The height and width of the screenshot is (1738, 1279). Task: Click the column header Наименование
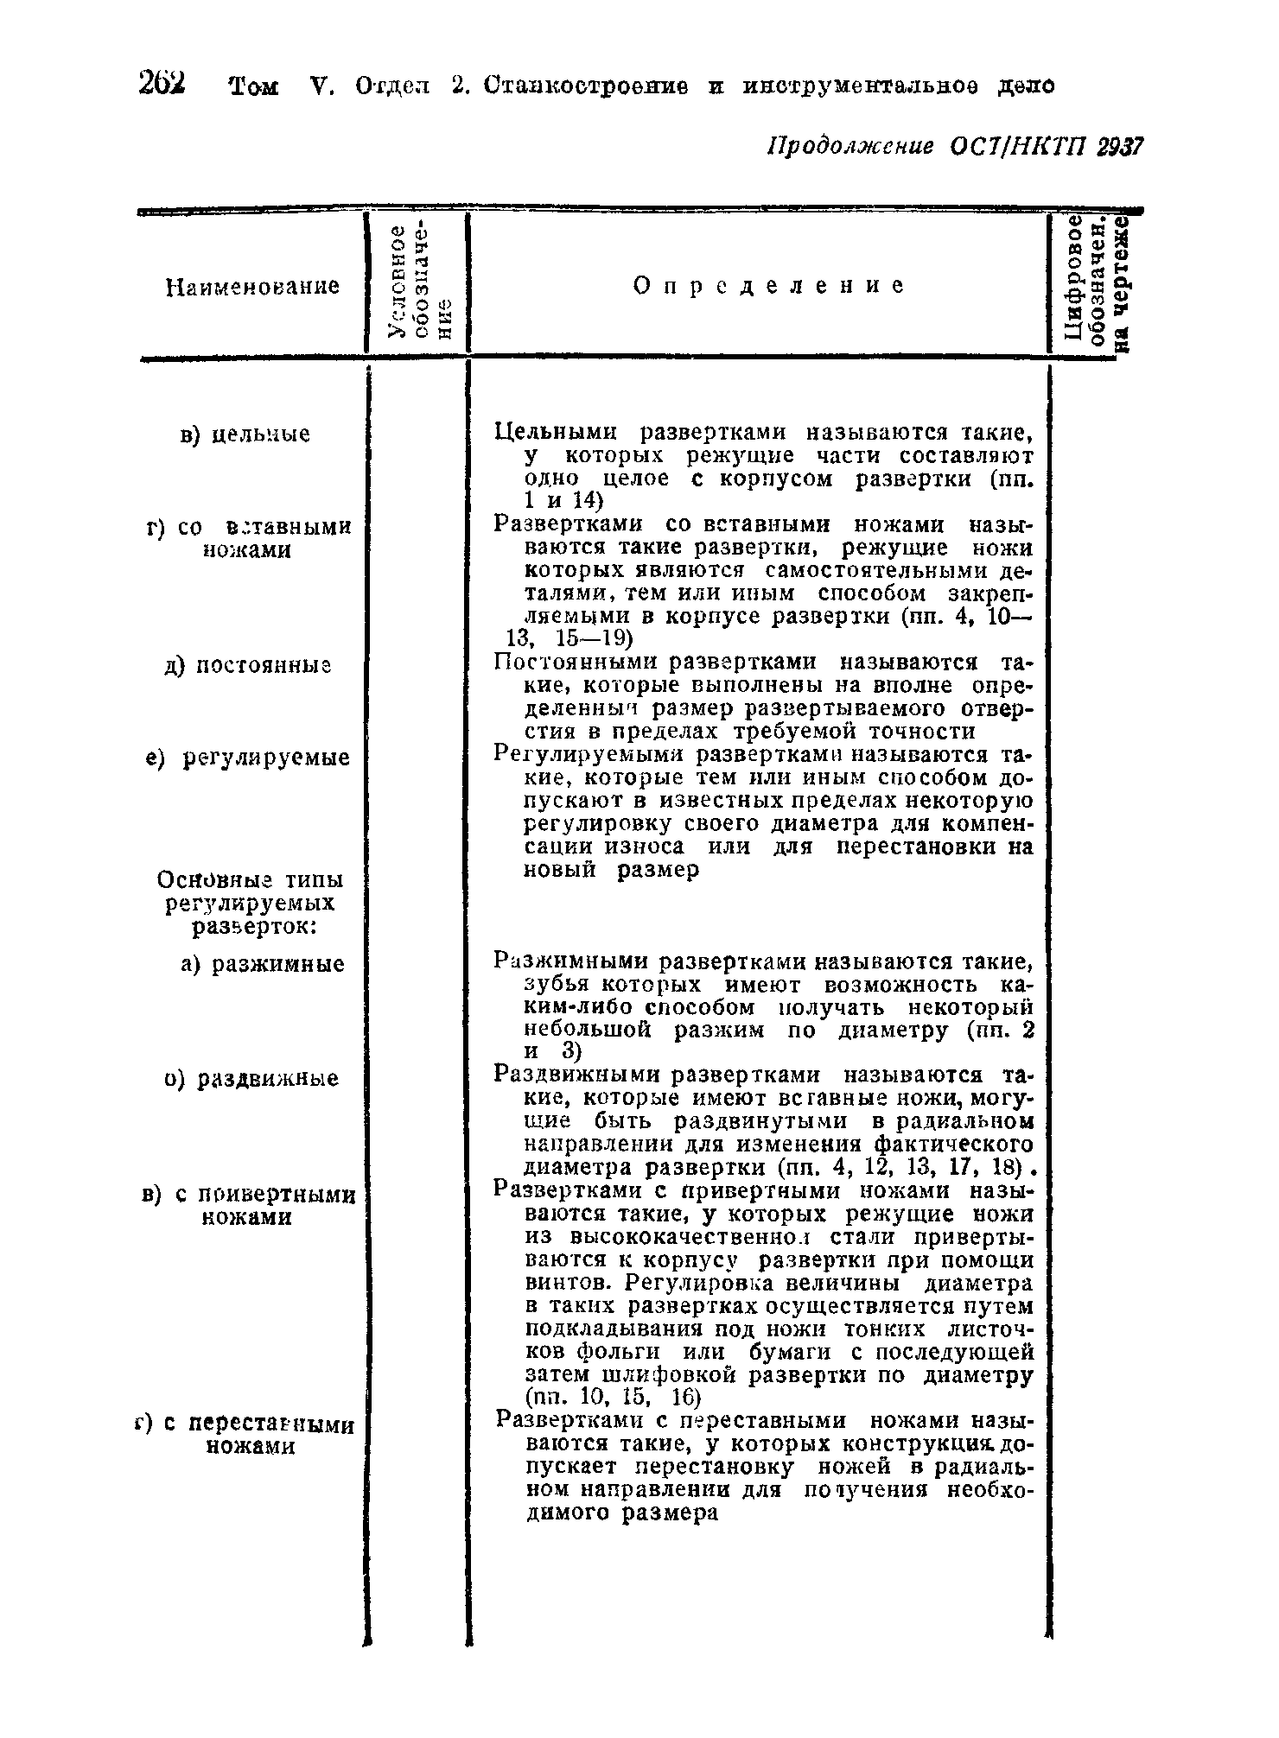point(252,287)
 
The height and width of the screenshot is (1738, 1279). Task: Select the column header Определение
point(768,286)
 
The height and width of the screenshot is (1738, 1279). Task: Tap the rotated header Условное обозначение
point(419,283)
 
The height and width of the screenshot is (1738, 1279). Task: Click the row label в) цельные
point(245,434)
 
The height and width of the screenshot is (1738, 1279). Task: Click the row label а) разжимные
point(263,963)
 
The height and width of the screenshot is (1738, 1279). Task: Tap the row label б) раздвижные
point(251,1079)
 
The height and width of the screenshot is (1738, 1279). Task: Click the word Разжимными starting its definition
point(571,961)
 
